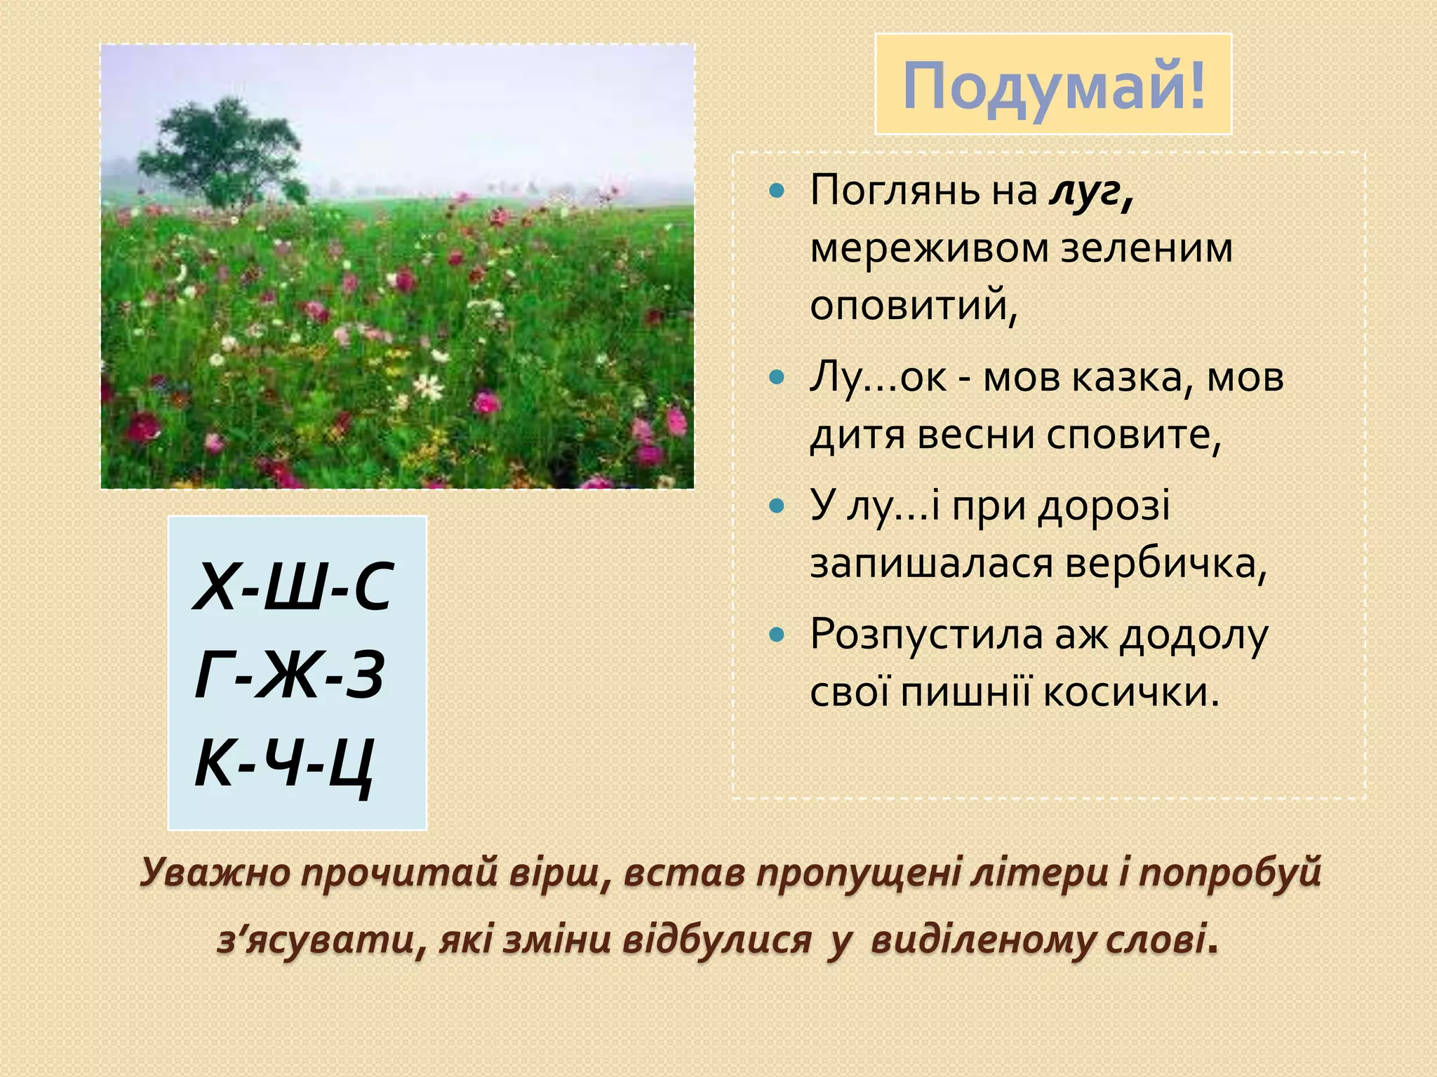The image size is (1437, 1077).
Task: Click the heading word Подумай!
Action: click(1053, 86)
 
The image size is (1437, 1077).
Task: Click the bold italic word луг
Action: click(1090, 191)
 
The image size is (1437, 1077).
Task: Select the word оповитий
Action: click(912, 306)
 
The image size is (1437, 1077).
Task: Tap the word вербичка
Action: click(1165, 563)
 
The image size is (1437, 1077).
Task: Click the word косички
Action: click(1130, 693)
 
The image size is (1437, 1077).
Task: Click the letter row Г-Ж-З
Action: click(289, 675)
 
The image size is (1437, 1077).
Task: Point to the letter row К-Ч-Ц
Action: click(283, 763)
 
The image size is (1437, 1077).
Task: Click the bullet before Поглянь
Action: click(775, 191)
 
